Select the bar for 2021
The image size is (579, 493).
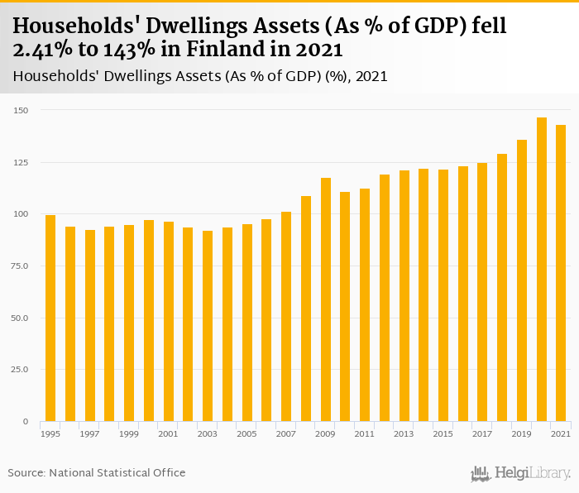561,273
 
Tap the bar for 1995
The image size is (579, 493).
50,318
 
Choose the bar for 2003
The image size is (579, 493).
208,326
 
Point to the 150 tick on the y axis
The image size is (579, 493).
21,110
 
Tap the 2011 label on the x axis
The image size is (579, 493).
365,434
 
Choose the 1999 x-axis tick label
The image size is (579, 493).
129,434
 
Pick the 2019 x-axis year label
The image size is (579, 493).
522,434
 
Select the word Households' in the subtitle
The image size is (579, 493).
52,77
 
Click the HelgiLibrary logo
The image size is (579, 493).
521,473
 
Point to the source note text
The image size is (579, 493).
97,472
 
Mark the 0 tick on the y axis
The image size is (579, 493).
26,422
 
